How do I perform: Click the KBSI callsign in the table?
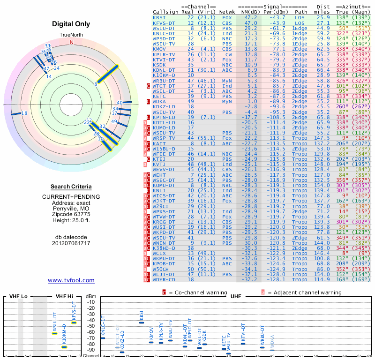coord(159,17)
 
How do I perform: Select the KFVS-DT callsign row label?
coord(164,22)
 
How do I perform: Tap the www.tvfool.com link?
coord(71,280)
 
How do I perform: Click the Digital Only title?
coord(72,24)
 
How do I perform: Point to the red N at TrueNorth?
coord(72,42)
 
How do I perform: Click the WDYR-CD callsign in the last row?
coord(164,280)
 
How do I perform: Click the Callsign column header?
coord(166,12)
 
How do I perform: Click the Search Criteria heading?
coord(71,187)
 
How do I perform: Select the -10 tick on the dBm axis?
coord(91,302)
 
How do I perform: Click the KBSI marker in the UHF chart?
coord(142,322)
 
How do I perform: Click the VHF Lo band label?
coord(18,296)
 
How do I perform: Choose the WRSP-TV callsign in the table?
coord(164,138)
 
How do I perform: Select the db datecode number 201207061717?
coord(71,243)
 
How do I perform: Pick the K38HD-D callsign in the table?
coord(164,248)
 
